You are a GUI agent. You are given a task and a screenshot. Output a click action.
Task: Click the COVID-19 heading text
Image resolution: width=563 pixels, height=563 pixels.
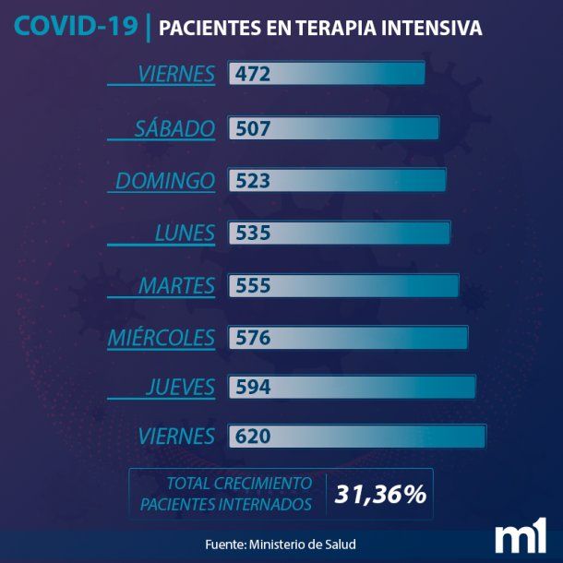[x=76, y=27]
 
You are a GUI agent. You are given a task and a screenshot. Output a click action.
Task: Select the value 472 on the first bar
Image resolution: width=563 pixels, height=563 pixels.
[x=253, y=74]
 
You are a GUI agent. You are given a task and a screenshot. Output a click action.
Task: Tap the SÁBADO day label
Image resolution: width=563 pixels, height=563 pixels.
[x=174, y=128]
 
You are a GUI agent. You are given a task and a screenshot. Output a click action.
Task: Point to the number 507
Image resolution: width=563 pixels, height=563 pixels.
[x=253, y=128]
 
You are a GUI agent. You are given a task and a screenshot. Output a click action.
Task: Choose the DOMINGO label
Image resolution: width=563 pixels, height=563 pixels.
[x=165, y=181]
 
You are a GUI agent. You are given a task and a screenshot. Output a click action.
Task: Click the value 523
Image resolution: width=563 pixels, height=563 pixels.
[x=253, y=181]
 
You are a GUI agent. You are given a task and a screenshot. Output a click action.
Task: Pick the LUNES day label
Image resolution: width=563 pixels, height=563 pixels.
[x=185, y=234]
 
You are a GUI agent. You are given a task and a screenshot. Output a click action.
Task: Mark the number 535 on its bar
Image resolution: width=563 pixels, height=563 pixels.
[x=253, y=234]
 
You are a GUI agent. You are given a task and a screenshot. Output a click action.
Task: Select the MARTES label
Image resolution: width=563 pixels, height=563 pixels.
[x=177, y=286]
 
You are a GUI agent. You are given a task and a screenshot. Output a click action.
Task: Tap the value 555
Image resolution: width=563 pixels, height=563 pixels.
[x=253, y=286]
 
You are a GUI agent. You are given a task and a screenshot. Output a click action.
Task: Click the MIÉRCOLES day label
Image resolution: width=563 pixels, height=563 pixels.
[x=162, y=339]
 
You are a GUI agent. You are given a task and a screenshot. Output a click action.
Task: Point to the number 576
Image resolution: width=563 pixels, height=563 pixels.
[x=253, y=339]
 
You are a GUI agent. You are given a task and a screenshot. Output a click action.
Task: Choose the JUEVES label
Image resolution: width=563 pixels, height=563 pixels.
[x=180, y=387]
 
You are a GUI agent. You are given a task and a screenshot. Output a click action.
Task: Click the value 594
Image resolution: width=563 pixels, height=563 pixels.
[x=253, y=387]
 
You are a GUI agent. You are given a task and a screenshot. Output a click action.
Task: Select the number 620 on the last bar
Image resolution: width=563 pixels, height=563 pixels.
[x=253, y=436]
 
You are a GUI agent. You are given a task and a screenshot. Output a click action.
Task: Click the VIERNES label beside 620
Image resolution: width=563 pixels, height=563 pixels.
[x=175, y=436]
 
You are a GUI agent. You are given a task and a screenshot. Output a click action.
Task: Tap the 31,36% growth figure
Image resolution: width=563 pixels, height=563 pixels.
[x=380, y=495]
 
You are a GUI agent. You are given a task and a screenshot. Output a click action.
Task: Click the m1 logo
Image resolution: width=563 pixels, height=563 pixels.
[x=521, y=539]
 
